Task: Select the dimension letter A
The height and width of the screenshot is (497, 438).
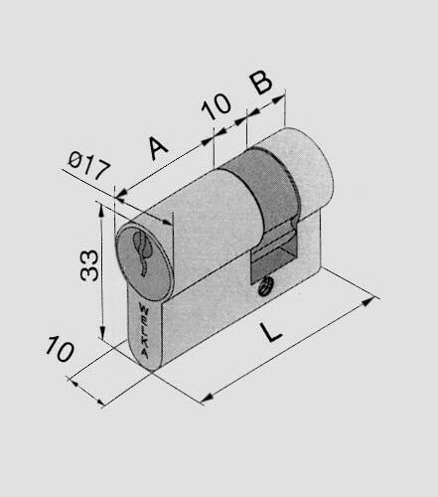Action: pos(158,147)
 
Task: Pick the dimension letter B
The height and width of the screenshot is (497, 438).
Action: pos(260,82)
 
